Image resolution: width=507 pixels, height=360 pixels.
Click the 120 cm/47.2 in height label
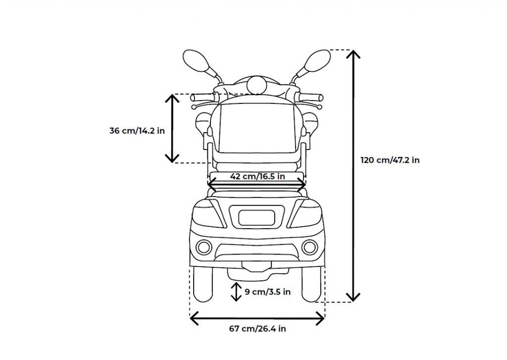click(x=390, y=160)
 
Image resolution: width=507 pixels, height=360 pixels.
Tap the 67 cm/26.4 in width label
click(x=257, y=329)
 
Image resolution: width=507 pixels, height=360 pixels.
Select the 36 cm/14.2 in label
click(x=137, y=131)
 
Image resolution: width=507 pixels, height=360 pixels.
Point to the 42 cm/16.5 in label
click(x=257, y=176)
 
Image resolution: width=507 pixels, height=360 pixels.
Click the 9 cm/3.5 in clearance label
click(x=267, y=292)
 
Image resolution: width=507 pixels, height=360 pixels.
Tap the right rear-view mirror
click(x=317, y=62)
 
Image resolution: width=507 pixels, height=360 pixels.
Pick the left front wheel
click(x=202, y=286)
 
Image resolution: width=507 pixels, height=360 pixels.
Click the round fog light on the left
click(x=203, y=246)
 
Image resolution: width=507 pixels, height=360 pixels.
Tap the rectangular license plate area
click(x=257, y=217)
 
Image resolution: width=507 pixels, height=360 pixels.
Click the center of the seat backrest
click(x=257, y=126)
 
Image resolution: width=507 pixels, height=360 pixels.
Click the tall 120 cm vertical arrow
click(x=353, y=176)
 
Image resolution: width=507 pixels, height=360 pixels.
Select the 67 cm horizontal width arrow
click(x=257, y=319)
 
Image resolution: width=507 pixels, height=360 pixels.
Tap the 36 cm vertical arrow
click(x=172, y=128)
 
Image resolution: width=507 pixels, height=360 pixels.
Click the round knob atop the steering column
click(x=256, y=85)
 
